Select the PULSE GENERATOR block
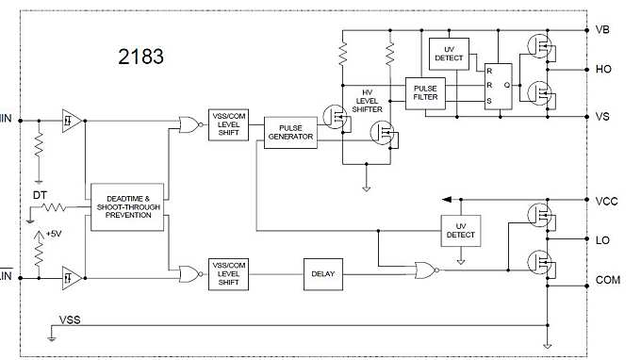point(289,131)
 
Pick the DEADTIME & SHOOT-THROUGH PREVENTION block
point(128,207)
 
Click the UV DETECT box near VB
point(449,54)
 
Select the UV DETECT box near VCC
point(461,229)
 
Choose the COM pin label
point(609,281)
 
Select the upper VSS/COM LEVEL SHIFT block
point(229,125)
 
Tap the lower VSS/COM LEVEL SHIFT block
point(229,274)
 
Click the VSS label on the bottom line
point(70,320)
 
